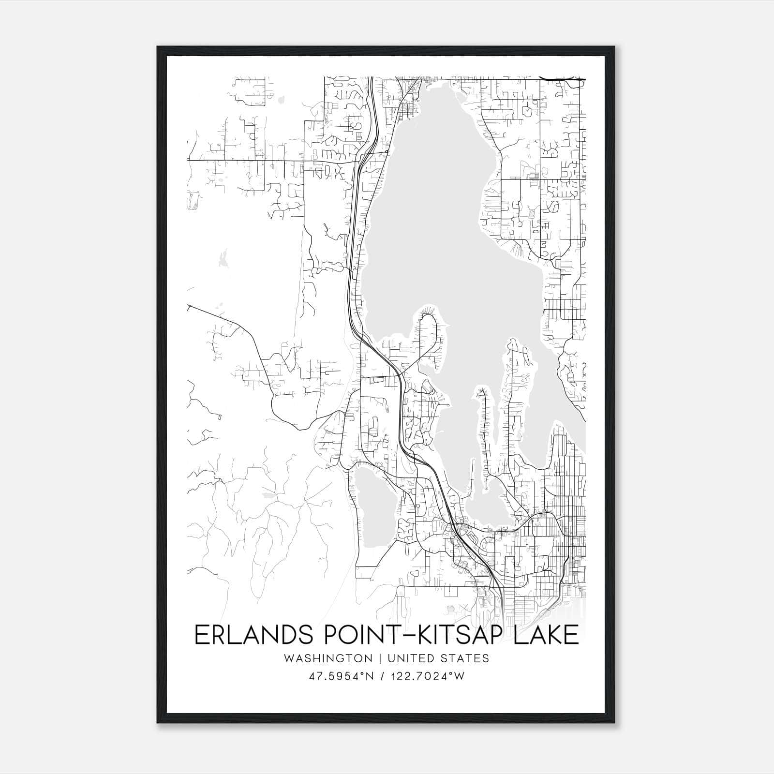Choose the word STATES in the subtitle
click(465, 658)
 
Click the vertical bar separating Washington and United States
click(379, 658)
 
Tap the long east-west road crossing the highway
click(271, 160)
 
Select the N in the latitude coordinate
click(371, 676)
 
